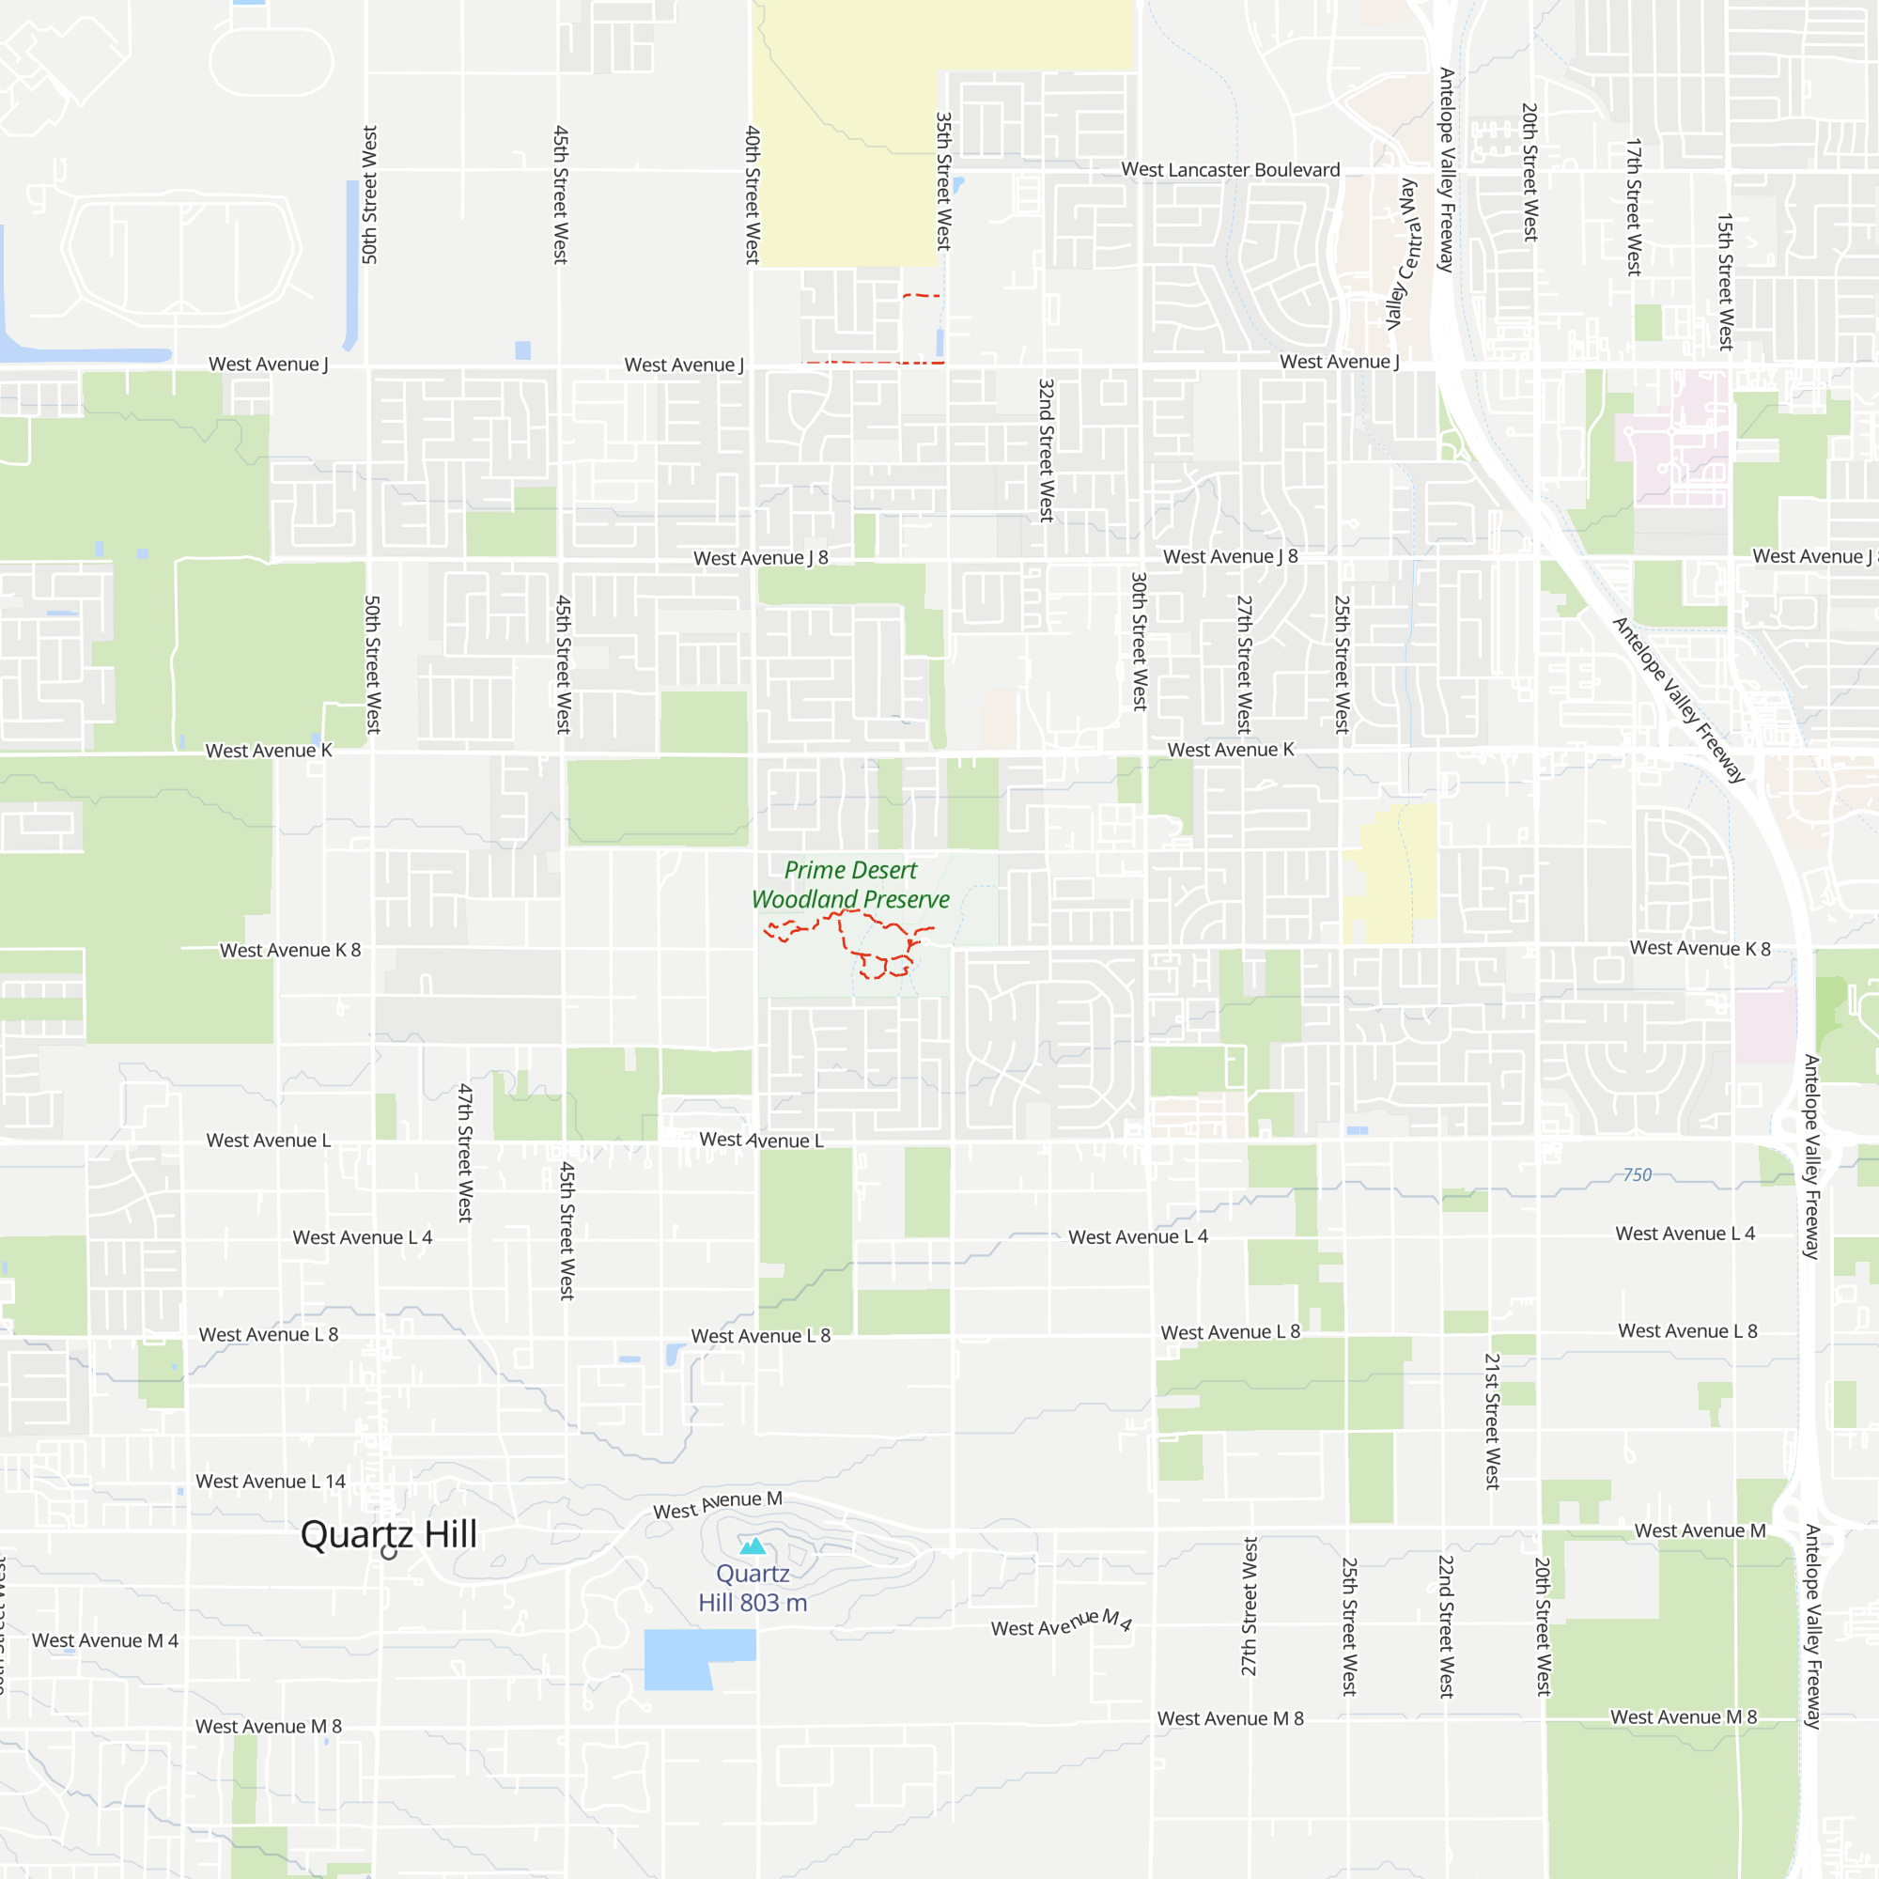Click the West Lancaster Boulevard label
(1231, 170)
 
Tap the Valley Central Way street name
(1403, 255)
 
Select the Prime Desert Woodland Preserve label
(851, 885)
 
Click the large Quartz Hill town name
(389, 1534)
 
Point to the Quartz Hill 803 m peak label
(753, 1588)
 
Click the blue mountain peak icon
(753, 1546)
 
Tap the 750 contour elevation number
(1637, 1175)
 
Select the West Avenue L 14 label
(271, 1482)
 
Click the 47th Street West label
(466, 1153)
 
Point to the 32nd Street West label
(1047, 450)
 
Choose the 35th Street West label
(943, 182)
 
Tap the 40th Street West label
(753, 194)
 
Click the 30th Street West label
(1139, 641)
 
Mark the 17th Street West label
(1634, 207)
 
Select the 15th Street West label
(1725, 282)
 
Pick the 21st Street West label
(1492, 1421)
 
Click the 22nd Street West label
(1446, 1627)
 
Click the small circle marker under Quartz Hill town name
(389, 1553)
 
